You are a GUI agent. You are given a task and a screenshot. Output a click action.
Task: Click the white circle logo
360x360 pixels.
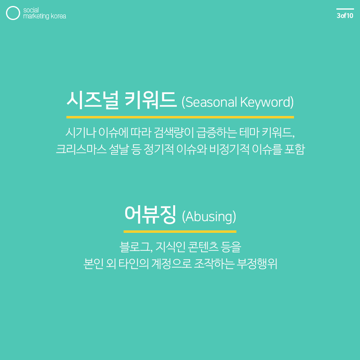click(13, 13)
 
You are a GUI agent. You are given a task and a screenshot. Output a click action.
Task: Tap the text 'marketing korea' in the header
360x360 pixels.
click(44, 16)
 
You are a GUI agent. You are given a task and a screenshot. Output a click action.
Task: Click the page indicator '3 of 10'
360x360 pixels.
click(345, 16)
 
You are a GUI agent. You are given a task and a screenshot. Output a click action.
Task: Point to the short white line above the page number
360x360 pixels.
click(345, 9)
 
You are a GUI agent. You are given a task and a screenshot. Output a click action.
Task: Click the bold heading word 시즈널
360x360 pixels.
click(92, 100)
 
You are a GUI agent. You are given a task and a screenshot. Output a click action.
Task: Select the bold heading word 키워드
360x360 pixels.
click(151, 100)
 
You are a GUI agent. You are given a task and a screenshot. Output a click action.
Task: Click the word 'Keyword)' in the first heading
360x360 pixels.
click(267, 102)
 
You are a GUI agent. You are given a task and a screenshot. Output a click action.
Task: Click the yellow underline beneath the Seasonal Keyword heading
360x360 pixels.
click(180, 117)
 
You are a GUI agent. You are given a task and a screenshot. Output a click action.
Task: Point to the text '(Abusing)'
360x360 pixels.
click(209, 217)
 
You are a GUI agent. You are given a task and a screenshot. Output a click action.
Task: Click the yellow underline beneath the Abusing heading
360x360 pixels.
click(180, 231)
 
